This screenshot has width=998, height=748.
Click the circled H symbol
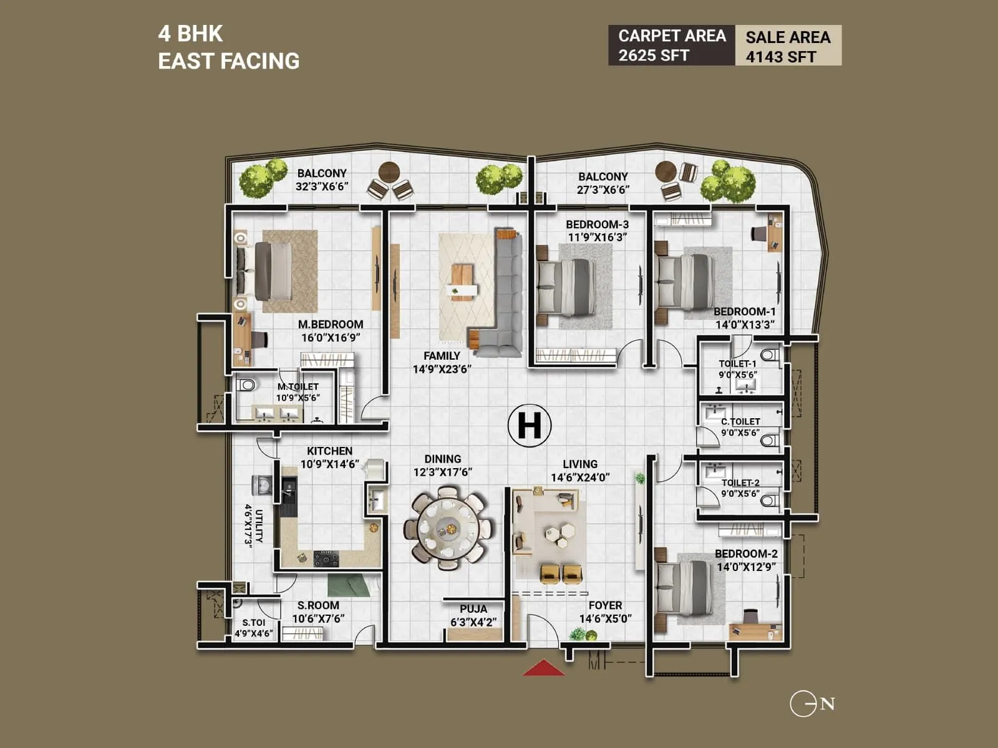tap(529, 426)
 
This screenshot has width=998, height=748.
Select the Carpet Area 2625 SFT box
tap(672, 46)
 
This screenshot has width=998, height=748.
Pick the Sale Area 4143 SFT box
tap(788, 46)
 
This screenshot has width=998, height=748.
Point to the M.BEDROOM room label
tap(330, 325)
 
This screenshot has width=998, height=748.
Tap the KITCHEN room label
tap(329, 451)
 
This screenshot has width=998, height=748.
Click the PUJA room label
tap(473, 609)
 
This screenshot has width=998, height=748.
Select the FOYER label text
tap(605, 605)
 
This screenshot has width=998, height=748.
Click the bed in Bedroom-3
tap(564, 285)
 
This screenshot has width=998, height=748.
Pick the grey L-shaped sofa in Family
tap(506, 293)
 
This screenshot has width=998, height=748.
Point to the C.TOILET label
tap(740, 422)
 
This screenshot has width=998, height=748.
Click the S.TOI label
tap(254, 622)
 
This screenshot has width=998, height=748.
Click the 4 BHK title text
tap(190, 34)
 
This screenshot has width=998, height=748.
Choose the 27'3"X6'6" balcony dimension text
tap(603, 190)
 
